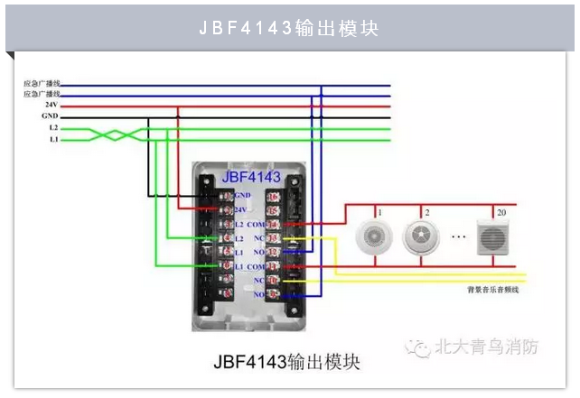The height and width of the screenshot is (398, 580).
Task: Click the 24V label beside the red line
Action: (51, 105)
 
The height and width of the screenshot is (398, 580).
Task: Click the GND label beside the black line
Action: (50, 116)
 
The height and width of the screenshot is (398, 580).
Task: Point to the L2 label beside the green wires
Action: (53, 128)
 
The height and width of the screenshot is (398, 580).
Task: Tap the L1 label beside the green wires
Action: (53, 140)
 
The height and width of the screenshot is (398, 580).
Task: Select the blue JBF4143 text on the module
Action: (250, 176)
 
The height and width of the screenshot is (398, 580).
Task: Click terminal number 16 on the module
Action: (272, 195)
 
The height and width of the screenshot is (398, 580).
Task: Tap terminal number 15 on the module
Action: (272, 209)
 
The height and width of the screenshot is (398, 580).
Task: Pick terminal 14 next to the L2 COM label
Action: (272, 224)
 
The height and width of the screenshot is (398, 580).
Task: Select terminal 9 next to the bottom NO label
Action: (272, 295)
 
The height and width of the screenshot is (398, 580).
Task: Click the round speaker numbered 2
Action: (417, 236)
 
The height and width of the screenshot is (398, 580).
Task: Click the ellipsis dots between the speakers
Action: (456, 239)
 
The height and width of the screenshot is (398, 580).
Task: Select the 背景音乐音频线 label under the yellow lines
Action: (492, 290)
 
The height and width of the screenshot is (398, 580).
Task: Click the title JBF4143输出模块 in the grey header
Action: (289, 28)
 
